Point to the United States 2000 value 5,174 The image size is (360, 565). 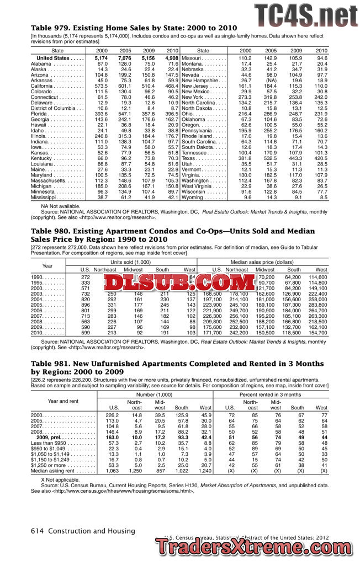click(x=101, y=58)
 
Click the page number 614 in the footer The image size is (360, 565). click(x=37, y=531)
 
